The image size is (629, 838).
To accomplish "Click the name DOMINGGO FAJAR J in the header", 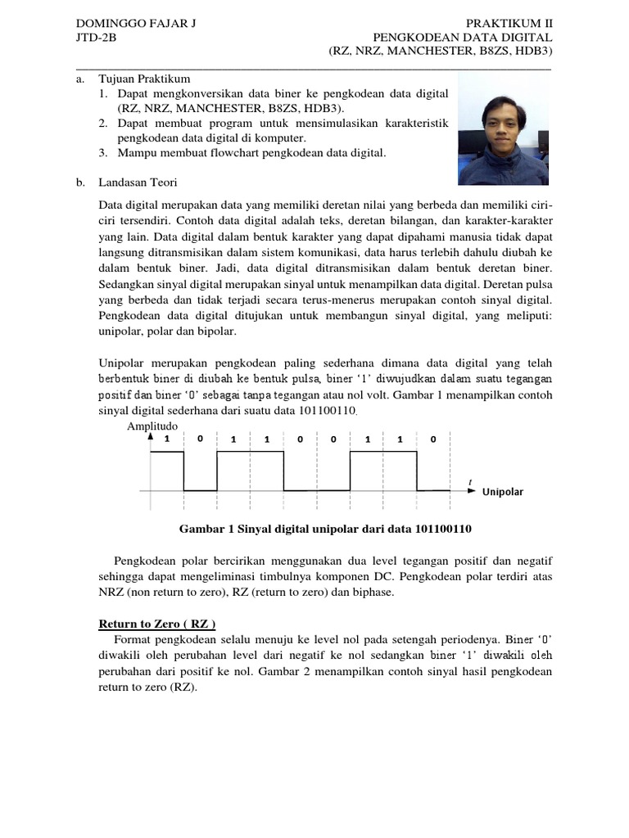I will tap(136, 23).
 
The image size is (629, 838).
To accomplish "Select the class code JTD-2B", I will tap(96, 37).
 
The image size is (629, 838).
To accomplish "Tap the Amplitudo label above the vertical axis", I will tap(152, 426).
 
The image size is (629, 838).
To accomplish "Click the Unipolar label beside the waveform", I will tap(502, 492).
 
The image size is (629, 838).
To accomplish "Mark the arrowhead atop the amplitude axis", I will tap(149, 437).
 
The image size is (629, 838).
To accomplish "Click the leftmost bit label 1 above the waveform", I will tap(166, 439).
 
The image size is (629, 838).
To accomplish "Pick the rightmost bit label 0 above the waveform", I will tap(433, 439).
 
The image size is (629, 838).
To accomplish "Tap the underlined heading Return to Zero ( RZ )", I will tap(152, 624).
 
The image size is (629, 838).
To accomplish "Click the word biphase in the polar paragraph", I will tap(375, 591).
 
